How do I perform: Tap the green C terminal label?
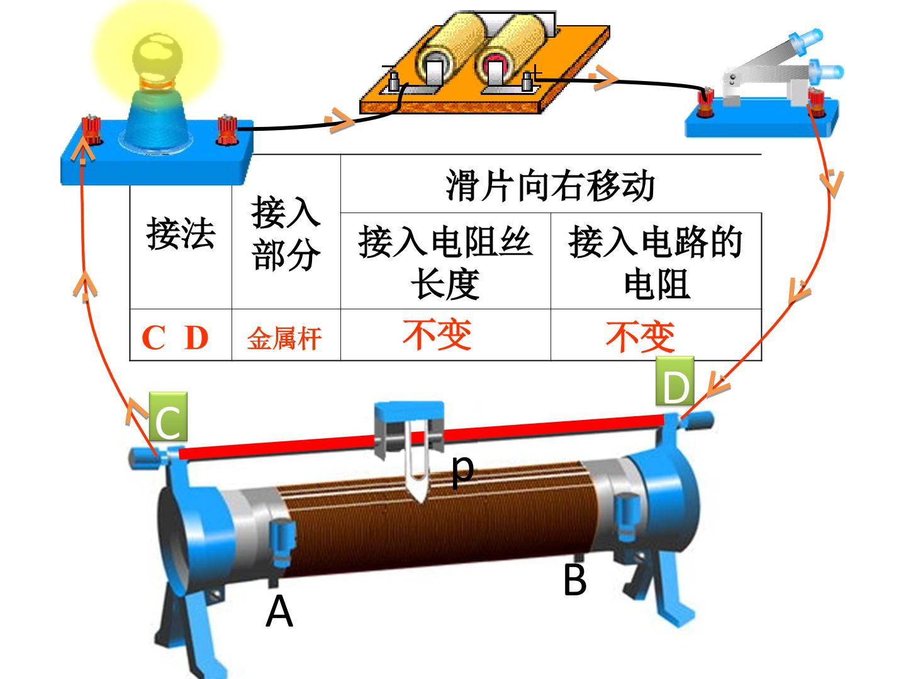pos(168,416)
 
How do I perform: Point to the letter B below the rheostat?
pos(574,580)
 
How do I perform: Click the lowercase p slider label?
pos(462,470)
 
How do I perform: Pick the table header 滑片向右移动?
pos(550,185)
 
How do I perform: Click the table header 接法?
pos(181,233)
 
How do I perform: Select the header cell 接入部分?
pos(286,233)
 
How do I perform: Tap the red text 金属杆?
pos(284,338)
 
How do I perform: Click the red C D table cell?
pos(175,338)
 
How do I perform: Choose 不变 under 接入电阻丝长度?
pos(437,334)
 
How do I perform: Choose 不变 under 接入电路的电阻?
pos(640,336)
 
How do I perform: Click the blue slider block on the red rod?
pos(409,429)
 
